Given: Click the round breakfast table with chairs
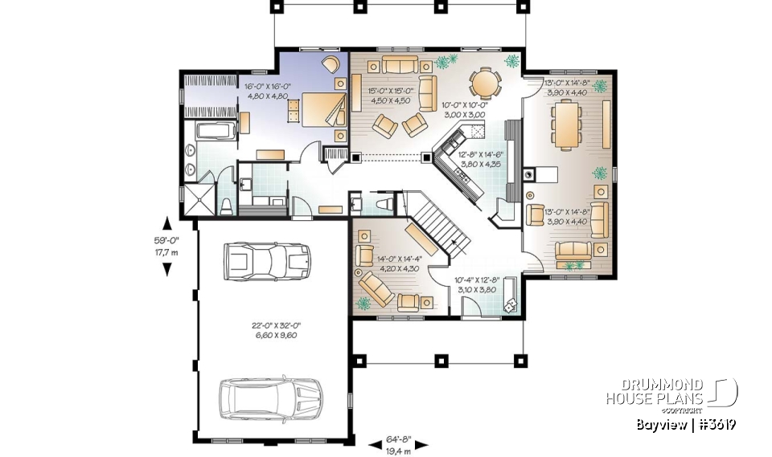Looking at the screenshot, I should [485, 81].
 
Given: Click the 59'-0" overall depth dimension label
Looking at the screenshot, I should [166, 246].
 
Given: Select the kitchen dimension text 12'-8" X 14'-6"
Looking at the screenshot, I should [481, 158].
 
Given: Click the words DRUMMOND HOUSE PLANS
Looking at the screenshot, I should [655, 391].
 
